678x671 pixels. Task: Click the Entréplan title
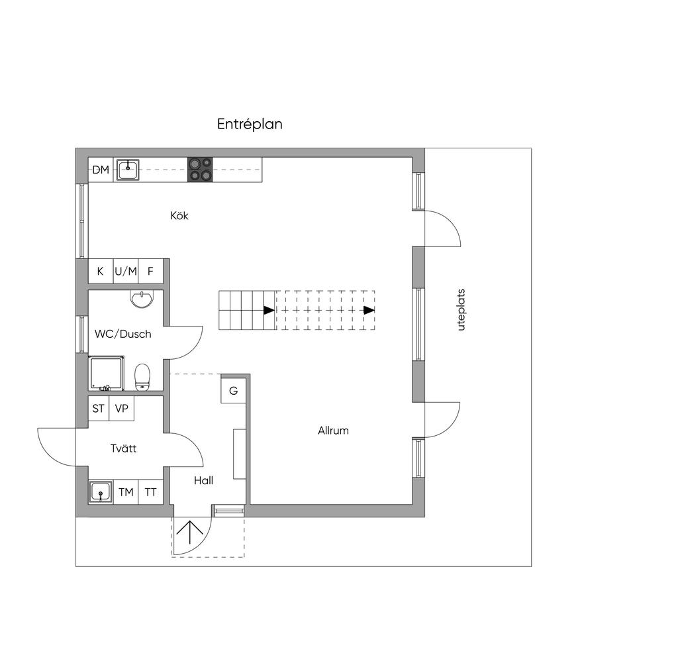[x=250, y=124]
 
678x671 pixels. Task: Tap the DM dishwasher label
[x=101, y=170]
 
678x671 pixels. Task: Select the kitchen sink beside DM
[x=128, y=170]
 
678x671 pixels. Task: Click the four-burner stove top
[x=200, y=169]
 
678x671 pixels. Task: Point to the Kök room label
[x=179, y=215]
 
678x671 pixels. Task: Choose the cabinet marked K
[x=101, y=272]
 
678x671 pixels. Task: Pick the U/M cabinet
[x=126, y=272]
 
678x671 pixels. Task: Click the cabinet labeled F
[x=150, y=272]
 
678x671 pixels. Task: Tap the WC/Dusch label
[x=122, y=334]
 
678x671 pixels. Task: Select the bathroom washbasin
[x=142, y=299]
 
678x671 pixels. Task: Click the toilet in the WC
[x=142, y=378]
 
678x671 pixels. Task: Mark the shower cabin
[x=107, y=373]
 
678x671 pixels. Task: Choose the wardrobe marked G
[x=234, y=391]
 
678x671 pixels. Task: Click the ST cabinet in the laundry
[x=99, y=409]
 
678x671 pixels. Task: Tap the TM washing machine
[x=126, y=492]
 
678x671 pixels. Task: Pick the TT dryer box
[x=150, y=492]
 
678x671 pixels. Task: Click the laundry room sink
[x=101, y=492]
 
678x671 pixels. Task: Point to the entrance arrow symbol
[x=190, y=533]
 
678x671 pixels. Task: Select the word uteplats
[x=461, y=310]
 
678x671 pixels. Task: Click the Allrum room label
[x=333, y=431]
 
